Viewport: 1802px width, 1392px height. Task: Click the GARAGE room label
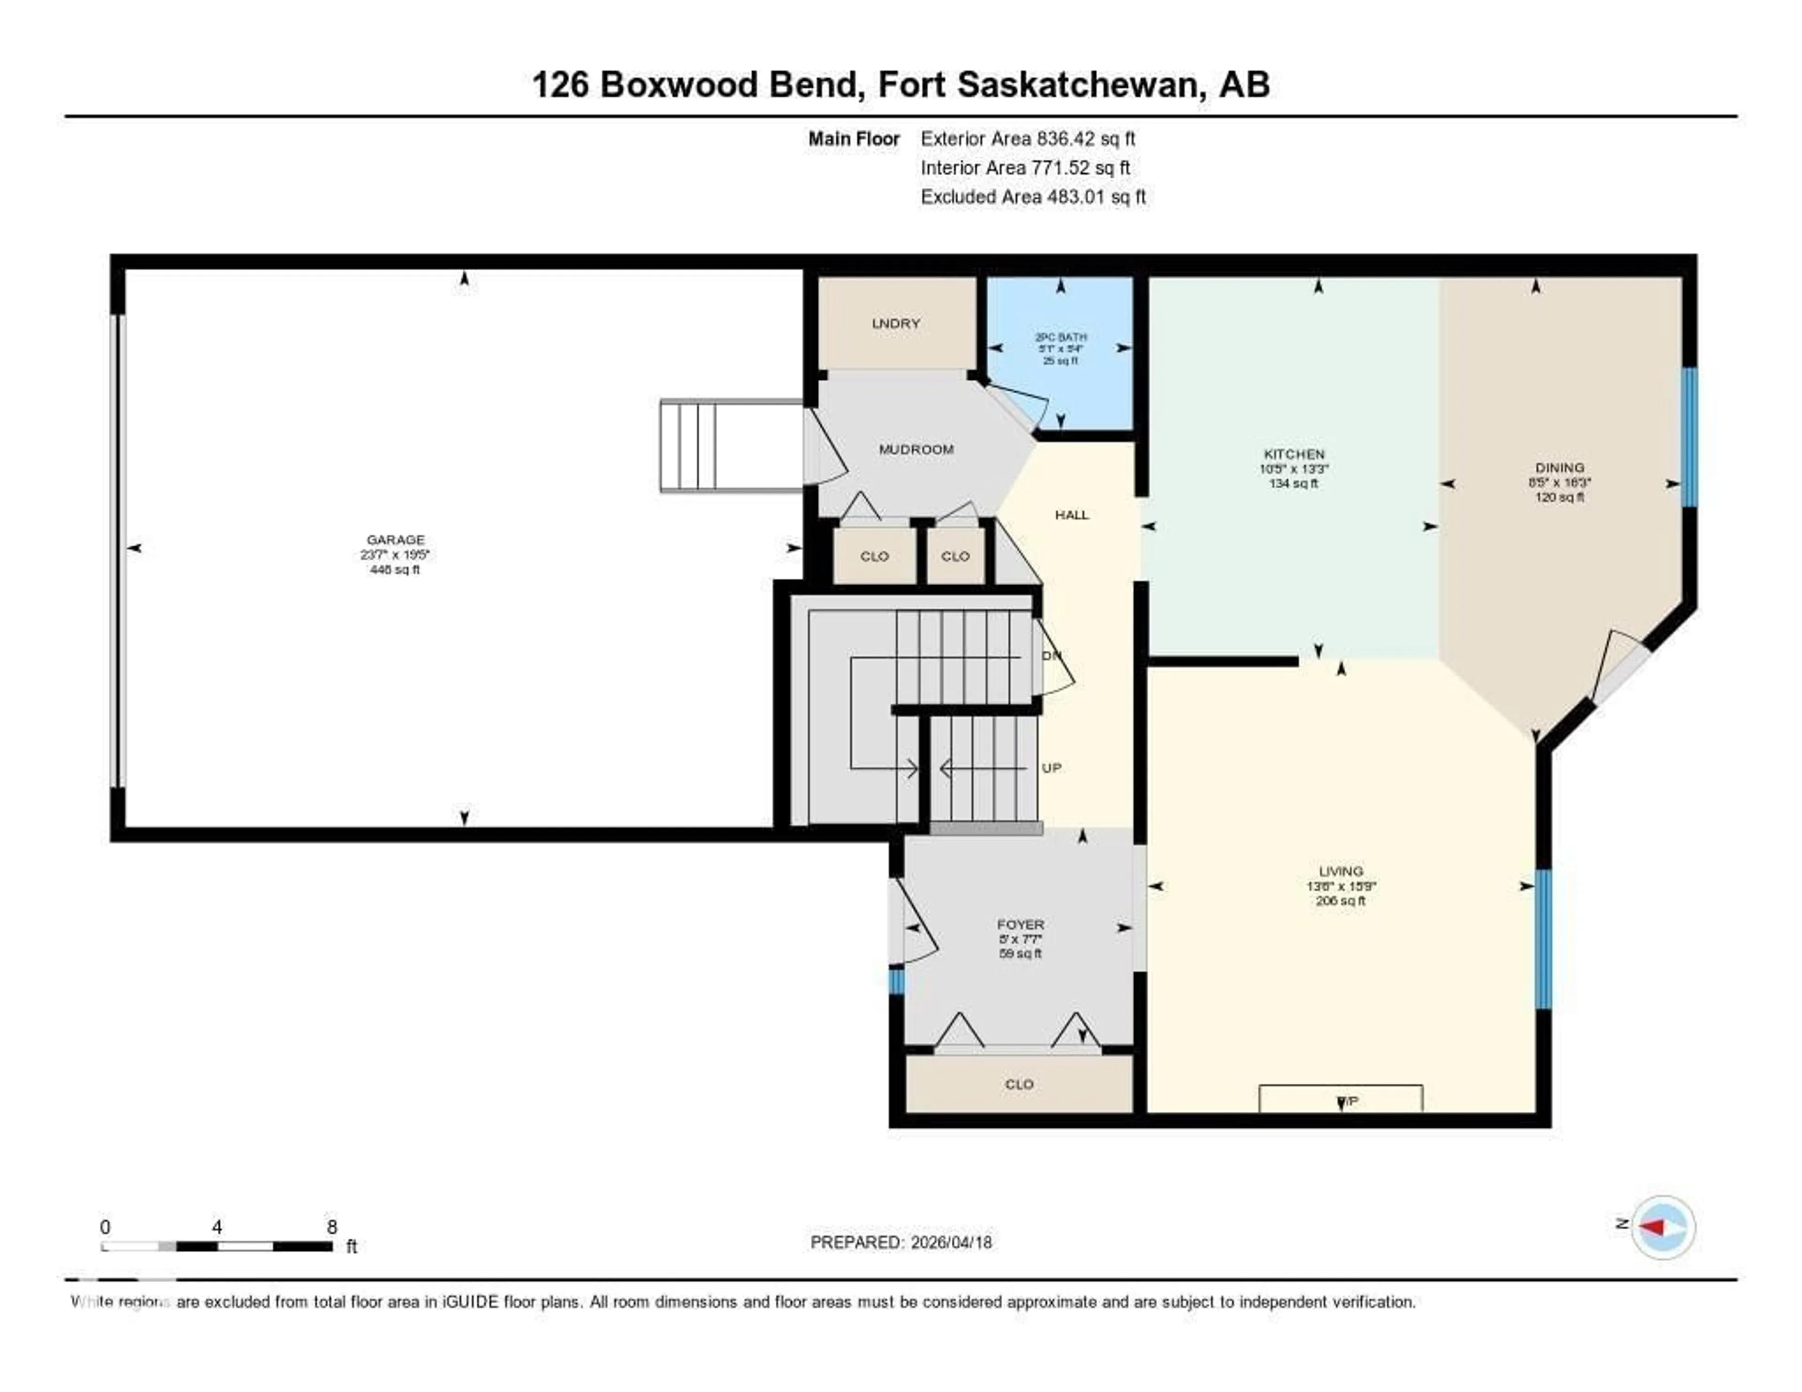pos(395,540)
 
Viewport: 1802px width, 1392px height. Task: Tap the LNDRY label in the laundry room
pos(895,323)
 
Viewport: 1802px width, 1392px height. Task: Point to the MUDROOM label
pos(916,450)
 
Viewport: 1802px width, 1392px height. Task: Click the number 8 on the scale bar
pos(332,1227)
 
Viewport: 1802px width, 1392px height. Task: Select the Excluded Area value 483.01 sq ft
pos(1096,197)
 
